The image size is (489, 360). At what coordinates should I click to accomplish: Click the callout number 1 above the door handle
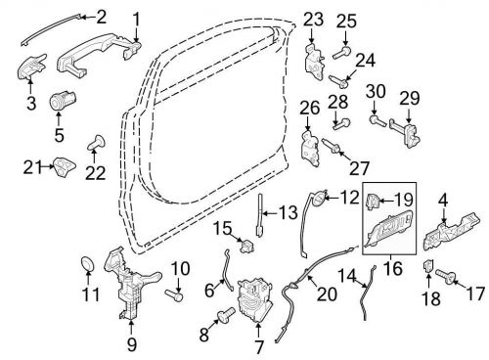[136, 18]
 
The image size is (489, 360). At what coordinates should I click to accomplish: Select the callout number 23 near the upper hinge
[312, 19]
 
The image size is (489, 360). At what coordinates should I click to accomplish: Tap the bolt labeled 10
[172, 292]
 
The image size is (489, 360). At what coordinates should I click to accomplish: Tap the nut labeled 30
[375, 120]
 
